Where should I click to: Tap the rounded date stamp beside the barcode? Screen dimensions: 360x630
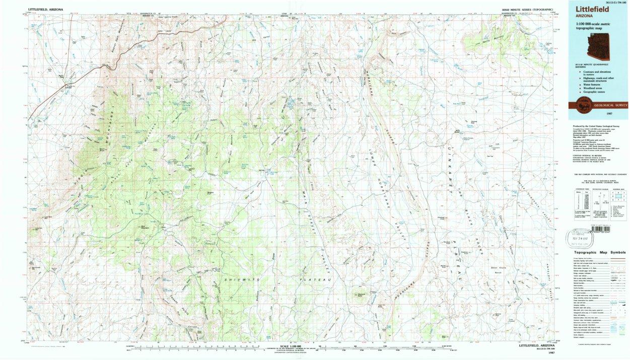coord(581,236)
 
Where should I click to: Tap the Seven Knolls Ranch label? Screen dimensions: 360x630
coord(497,269)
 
